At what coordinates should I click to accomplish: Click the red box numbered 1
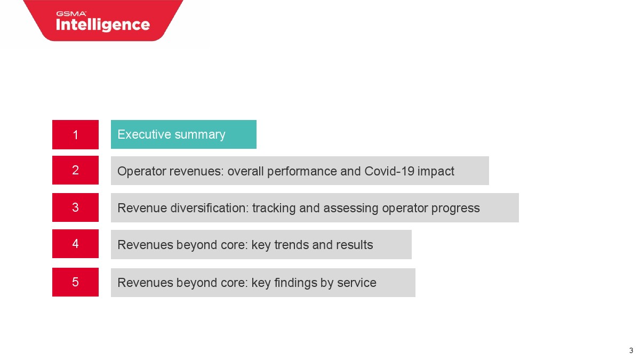75,134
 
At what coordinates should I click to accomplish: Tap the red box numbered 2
75,170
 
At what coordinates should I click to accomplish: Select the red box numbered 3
75,207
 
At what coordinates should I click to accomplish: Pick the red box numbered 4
75,244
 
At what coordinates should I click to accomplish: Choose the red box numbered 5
75,282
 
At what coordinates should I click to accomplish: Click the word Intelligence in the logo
103,25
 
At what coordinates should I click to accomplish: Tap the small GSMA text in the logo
71,13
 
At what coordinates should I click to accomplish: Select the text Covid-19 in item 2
389,171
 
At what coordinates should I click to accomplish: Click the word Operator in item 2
142,172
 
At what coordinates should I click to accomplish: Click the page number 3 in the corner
631,350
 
